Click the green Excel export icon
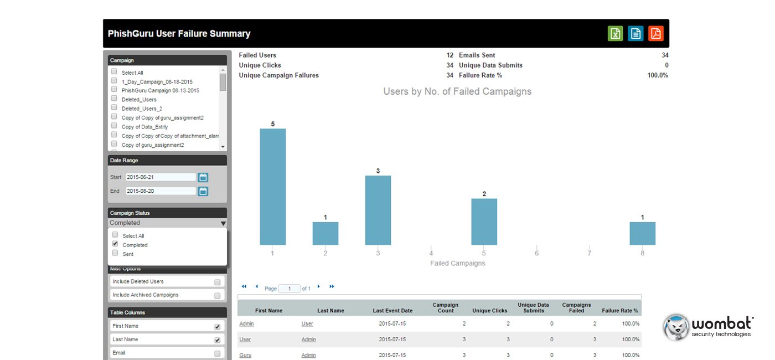tap(615, 34)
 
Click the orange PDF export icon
tap(655, 34)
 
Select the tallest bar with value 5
tap(272, 187)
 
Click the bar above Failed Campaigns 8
tap(643, 233)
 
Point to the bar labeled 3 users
tap(378, 210)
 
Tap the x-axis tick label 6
tap(536, 253)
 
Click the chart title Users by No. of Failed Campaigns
tap(457, 91)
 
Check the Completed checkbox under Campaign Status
tap(115, 244)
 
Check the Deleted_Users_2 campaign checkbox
tap(114, 107)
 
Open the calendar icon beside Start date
tap(203, 177)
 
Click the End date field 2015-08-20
tap(161, 191)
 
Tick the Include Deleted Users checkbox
tap(217, 282)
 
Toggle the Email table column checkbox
tap(217, 353)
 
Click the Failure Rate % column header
tap(619, 311)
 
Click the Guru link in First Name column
tap(245, 355)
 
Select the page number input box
tap(289, 289)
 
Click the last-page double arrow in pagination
tap(332, 286)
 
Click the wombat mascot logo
tap(676, 327)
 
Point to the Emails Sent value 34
tap(665, 55)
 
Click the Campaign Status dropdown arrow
tap(223, 223)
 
